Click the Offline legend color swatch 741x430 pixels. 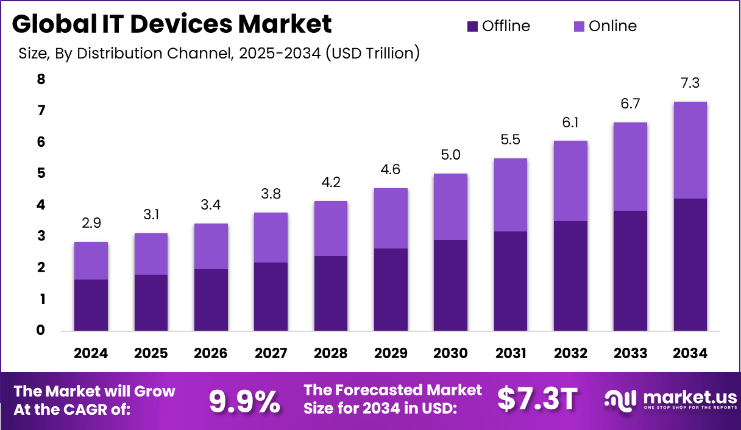click(x=473, y=26)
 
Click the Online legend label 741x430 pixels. click(x=612, y=26)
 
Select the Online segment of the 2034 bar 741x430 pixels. click(x=690, y=150)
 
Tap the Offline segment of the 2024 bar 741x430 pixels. click(x=91, y=305)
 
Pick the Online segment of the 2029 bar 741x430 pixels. click(x=391, y=218)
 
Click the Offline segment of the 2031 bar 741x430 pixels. click(x=511, y=281)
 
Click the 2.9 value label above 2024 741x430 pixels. click(x=91, y=224)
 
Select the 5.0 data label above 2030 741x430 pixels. click(x=451, y=155)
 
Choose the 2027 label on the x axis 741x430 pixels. click(x=271, y=354)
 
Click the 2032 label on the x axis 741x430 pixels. click(x=570, y=354)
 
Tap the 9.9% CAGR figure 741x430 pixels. click(x=244, y=400)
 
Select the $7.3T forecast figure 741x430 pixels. click(x=537, y=399)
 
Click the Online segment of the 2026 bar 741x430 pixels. click(x=211, y=246)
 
